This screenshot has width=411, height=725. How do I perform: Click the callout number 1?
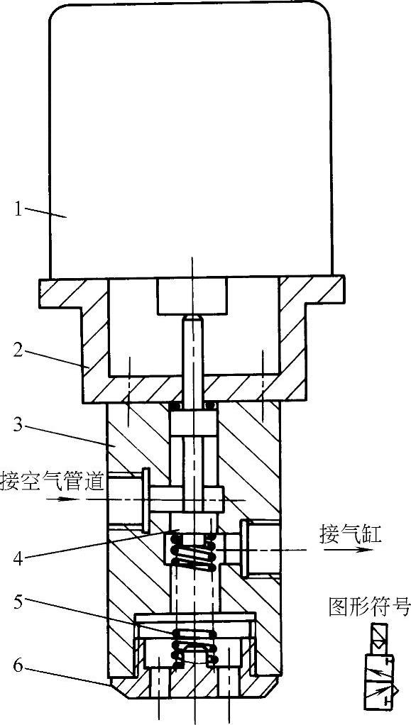click(x=18, y=211)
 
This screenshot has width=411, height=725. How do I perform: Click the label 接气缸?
click(x=350, y=535)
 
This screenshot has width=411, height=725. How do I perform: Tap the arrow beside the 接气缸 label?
click(x=348, y=550)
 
